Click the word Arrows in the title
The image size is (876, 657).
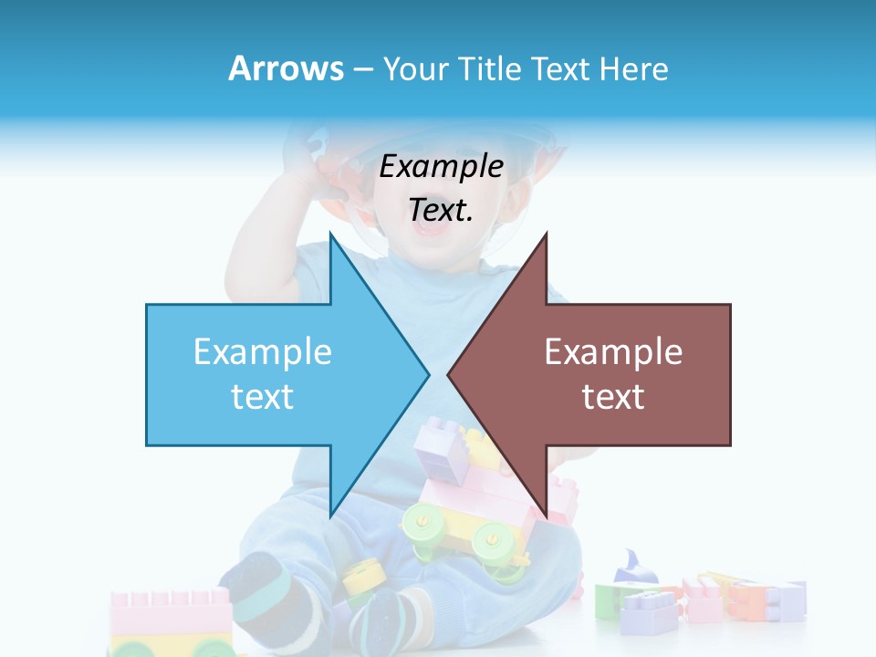pyautogui.click(x=287, y=69)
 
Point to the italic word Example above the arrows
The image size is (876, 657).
pyautogui.click(x=442, y=167)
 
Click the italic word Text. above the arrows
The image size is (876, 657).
pyautogui.click(x=442, y=210)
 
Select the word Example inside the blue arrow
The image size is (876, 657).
pyautogui.click(x=263, y=352)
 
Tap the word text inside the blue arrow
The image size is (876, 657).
pyautogui.click(x=263, y=396)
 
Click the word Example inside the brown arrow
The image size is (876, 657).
pyautogui.click(x=613, y=352)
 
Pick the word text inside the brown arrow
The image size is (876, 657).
pyautogui.click(x=613, y=396)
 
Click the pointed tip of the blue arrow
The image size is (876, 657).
pyautogui.click(x=426, y=373)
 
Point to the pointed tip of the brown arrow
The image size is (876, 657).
pyautogui.click(x=451, y=373)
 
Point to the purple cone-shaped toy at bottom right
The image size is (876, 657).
pyautogui.click(x=632, y=568)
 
